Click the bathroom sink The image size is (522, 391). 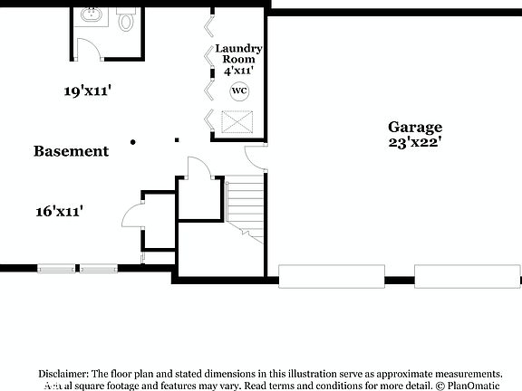91,15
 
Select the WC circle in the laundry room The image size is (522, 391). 239,91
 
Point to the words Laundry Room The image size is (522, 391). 239,53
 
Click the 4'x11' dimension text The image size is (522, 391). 239,70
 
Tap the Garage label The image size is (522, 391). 415,128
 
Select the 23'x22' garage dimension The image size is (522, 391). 415,142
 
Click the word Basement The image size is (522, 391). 72,151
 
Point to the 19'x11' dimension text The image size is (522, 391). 87,91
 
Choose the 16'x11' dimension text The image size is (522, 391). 60,211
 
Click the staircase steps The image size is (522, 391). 245,205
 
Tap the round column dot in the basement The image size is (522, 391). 133,141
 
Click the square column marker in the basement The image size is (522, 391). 177,140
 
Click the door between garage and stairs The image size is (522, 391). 256,157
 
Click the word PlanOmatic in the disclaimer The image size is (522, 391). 475,385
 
